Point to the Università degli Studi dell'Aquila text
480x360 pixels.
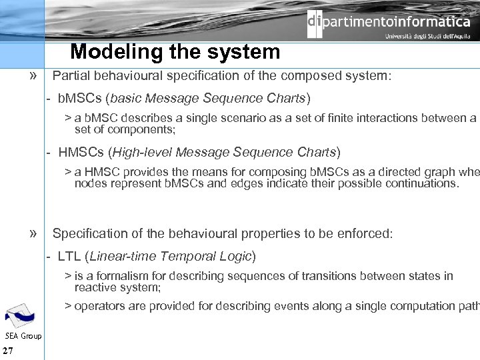click(427, 37)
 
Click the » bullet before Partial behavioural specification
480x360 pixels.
click(33, 75)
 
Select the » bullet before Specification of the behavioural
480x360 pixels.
click(33, 233)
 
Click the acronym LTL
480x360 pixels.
click(69, 256)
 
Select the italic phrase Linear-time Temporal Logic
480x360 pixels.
click(170, 256)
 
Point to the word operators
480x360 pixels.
click(98, 306)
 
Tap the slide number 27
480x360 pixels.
click(9, 351)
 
